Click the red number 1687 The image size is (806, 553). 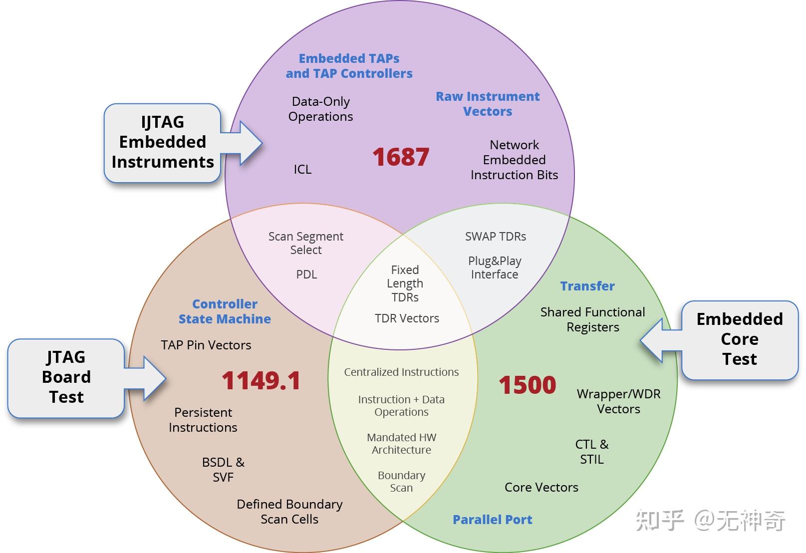400,157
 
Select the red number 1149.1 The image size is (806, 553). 261,381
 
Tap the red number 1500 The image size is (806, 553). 527,385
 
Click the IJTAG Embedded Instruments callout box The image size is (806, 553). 162,142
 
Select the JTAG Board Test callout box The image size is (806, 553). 66,377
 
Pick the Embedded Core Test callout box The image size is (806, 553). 739,339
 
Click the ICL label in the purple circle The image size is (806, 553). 302,170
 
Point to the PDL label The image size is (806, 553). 306,275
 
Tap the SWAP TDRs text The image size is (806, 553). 495,237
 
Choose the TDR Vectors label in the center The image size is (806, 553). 407,318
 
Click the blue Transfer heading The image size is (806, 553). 587,286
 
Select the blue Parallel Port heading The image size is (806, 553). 492,520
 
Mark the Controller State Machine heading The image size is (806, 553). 225,311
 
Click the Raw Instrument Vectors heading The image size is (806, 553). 488,104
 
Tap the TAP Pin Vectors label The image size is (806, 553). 206,345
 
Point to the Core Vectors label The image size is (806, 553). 541,487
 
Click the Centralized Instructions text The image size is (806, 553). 401,372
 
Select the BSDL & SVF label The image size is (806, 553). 223,470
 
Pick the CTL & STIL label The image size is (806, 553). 592,452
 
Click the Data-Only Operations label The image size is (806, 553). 320,109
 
